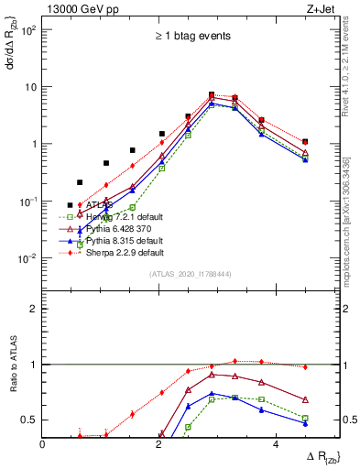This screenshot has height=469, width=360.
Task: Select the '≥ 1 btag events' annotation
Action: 191,37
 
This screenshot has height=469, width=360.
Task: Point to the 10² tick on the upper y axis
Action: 29,29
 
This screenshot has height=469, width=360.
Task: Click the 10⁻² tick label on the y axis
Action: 29,258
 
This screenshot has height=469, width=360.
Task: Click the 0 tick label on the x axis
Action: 43,444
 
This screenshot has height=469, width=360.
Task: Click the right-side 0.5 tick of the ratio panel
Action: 350,420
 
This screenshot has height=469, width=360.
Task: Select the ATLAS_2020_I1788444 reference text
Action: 191,274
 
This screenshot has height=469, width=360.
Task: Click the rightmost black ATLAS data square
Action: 305,142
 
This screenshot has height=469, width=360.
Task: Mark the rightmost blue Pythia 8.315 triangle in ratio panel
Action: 305,423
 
